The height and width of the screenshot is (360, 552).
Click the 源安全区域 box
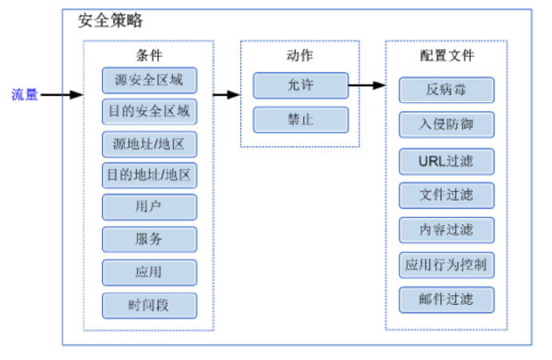148,81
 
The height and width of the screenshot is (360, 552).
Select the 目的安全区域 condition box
148,111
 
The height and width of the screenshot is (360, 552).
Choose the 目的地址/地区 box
148,175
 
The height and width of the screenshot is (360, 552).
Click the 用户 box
148,207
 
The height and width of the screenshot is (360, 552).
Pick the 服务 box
148,239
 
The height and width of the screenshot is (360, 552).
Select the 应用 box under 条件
148,271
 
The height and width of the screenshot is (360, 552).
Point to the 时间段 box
148,305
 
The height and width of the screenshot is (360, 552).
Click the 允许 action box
301,85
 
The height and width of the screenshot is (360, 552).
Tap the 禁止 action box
301,119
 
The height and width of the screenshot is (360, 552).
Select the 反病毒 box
447,90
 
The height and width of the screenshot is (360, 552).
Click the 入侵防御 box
447,125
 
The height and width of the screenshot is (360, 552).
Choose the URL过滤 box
447,160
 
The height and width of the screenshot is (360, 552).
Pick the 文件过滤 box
447,195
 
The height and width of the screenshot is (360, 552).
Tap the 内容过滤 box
447,230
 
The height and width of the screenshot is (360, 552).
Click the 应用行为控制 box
447,264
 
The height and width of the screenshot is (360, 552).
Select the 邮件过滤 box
447,299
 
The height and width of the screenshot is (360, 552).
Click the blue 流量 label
24,94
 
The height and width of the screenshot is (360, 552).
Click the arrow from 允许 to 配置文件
367,85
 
